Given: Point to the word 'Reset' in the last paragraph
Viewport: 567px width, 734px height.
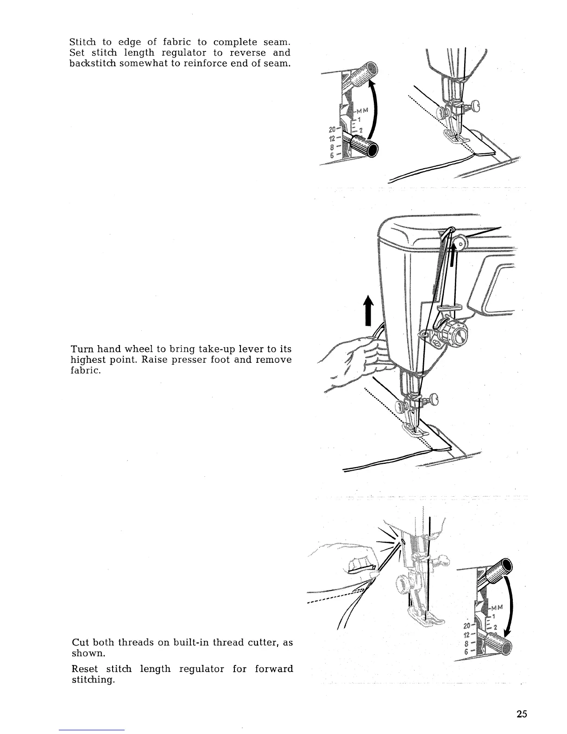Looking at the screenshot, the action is coord(85,669).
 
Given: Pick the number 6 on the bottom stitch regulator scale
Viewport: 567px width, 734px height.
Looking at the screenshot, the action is coord(467,652).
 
